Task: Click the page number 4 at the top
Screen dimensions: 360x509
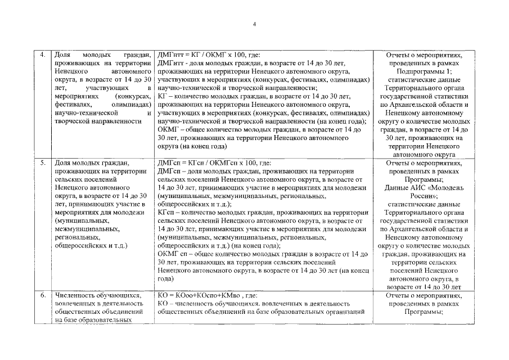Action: tap(254, 24)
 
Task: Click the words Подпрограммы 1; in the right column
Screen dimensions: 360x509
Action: tap(424, 71)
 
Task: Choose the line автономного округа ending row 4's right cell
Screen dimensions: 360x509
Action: tap(424, 154)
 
